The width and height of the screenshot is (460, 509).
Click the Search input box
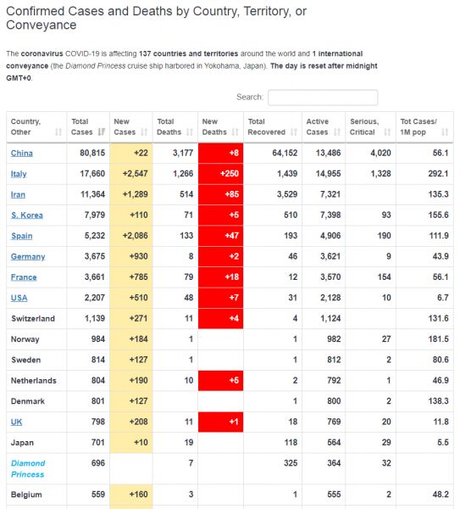323,98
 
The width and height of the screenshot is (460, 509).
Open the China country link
22,153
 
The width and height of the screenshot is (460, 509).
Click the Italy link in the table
19,174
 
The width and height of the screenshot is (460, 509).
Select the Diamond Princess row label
28,469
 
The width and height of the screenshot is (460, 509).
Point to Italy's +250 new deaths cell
220,174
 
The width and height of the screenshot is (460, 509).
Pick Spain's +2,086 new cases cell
131,236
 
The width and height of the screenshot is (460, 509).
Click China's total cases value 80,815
92,153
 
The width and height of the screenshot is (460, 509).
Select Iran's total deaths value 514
186,194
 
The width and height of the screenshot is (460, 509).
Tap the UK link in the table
17,422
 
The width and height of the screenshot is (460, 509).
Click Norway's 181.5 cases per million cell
438,338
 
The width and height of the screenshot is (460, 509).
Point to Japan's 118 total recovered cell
291,443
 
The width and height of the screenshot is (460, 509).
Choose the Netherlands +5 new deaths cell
220,380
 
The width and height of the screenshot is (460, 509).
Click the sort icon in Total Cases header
102,131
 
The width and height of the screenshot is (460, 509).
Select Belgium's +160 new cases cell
131,495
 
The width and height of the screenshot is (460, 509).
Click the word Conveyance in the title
42,25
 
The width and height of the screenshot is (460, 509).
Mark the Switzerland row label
33,318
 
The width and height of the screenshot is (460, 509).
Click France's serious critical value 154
384,277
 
